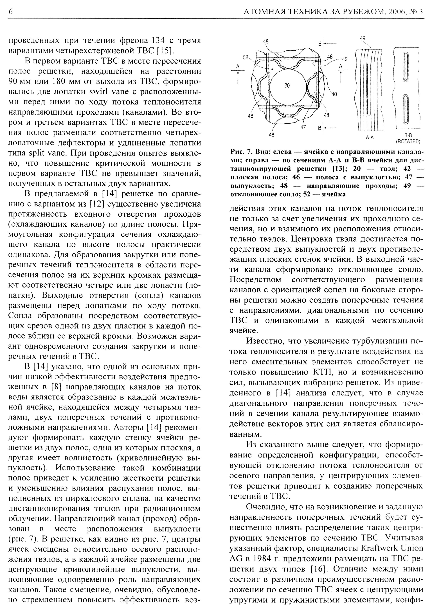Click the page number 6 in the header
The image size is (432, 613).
click(x=11, y=12)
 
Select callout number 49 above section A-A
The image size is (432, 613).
click(x=363, y=38)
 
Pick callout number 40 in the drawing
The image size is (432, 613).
click(x=334, y=94)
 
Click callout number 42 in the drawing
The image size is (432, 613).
click(x=345, y=59)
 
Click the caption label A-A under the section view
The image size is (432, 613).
click(x=369, y=138)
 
